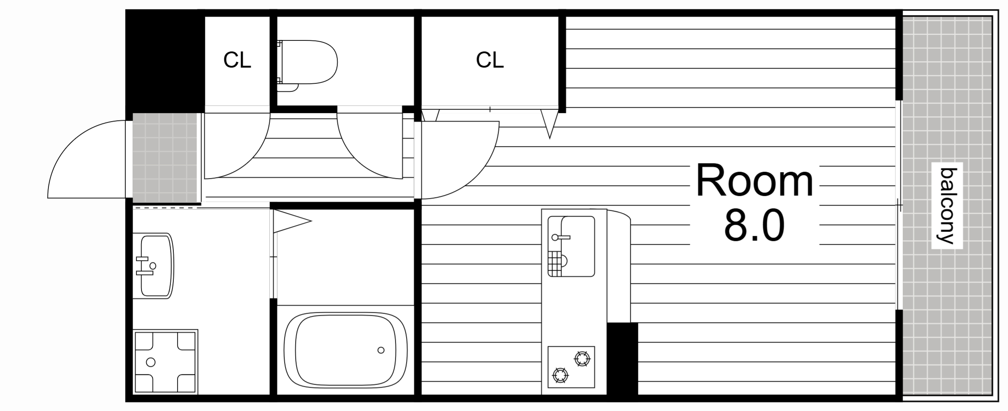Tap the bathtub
coord(345,350)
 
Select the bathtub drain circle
coord(381,350)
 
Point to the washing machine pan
coord(165,362)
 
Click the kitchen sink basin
coord(571,247)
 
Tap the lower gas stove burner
coord(560,375)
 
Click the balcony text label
coord(947,206)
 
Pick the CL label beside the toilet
coord(237,60)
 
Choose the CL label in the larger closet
coord(489,60)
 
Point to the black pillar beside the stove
coord(622,359)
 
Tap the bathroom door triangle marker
coord(292,221)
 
